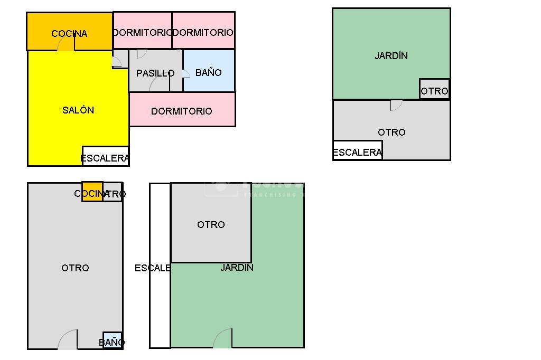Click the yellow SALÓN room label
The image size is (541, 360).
coord(78,110)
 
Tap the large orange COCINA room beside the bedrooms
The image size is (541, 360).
coord(69,33)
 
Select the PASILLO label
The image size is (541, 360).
coord(155,73)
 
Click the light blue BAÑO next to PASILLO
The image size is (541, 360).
coord(209,72)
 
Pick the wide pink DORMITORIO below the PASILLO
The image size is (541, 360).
coord(182,111)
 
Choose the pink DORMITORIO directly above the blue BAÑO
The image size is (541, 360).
coord(203,32)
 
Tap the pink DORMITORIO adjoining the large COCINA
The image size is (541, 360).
coord(142,32)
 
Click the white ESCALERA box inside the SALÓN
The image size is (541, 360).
coord(105,157)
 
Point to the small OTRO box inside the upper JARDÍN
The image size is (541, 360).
coord(434,91)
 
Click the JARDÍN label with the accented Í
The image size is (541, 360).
coord(391,55)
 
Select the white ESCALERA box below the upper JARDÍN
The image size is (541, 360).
coord(357,152)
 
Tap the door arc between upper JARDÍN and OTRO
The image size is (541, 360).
coord(396,106)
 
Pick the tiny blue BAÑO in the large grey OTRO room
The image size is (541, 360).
coord(112,341)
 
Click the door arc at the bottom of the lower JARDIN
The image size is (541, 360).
coord(223,338)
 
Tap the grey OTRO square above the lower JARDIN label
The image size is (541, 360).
coord(211,224)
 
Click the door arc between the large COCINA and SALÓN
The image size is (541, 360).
coord(66,44)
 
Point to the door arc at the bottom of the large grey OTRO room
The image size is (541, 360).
coord(68,340)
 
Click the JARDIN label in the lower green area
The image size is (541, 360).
coord(237,268)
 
